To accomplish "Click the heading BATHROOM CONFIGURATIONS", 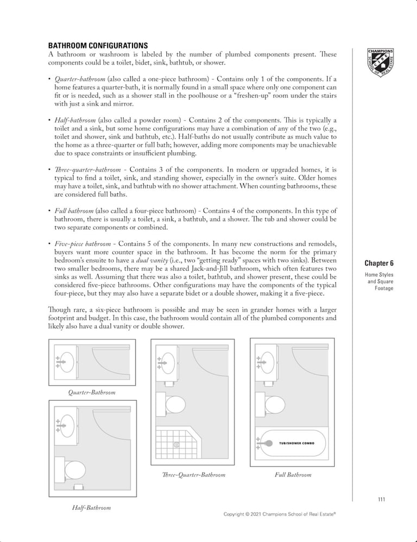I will (98, 46).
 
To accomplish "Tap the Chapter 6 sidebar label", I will (379, 263).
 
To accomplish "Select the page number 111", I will (381, 500).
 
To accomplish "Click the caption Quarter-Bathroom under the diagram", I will (92, 392).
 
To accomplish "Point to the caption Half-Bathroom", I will (91, 508).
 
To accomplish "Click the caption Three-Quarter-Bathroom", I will (193, 475).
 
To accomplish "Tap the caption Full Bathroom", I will (293, 475).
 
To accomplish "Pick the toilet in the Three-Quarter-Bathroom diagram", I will (175, 405).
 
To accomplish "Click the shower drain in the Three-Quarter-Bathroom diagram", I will (176, 445).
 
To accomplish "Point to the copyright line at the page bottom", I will (280, 514).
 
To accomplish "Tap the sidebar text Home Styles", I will (379, 275).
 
